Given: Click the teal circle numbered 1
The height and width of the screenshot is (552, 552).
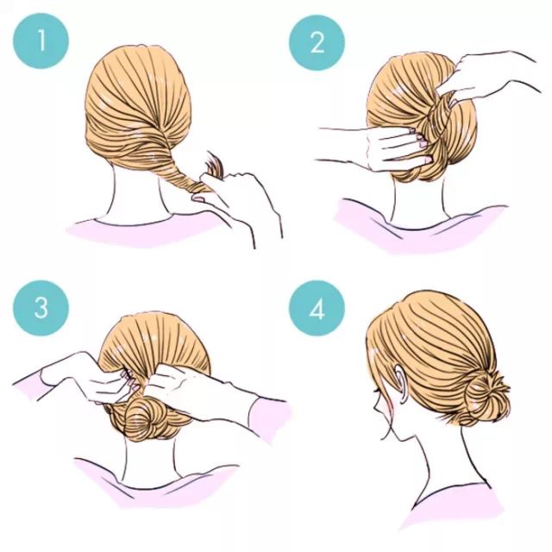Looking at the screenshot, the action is click(x=41, y=41).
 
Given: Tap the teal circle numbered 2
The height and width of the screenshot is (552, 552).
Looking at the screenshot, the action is click(x=317, y=43).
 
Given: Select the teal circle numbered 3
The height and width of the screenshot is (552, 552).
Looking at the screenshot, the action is click(x=41, y=308).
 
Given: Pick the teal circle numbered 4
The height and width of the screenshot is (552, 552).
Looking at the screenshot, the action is click(x=317, y=308).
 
